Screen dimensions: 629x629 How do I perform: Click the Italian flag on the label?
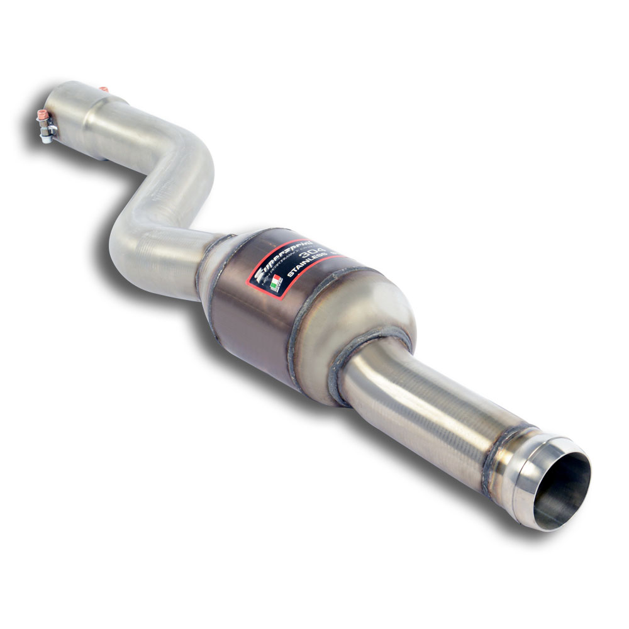(x=274, y=285)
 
